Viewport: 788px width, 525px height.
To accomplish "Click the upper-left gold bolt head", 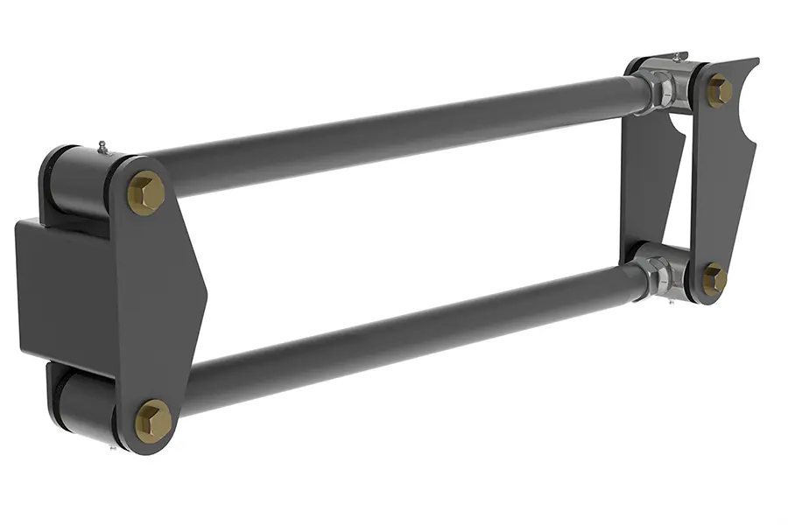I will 145,192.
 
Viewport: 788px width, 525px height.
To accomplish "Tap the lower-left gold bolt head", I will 154,421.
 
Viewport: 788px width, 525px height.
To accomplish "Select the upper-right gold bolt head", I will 719,90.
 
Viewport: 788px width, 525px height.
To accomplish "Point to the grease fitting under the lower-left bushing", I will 112,447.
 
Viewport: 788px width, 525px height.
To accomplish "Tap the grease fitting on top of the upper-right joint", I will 677,56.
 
